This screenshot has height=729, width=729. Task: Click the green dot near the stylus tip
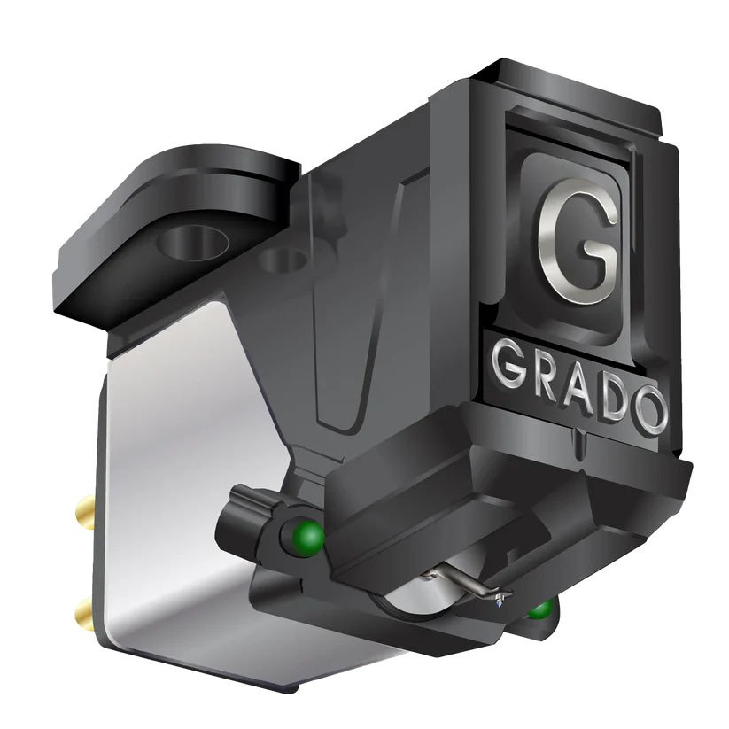539,609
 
